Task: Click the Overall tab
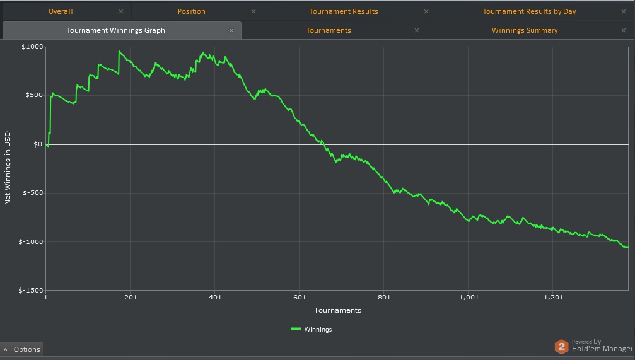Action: [x=61, y=11]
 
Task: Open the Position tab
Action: [x=191, y=11]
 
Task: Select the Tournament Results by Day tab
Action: [x=529, y=11]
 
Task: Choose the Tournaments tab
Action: [x=329, y=30]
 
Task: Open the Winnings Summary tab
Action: [x=525, y=30]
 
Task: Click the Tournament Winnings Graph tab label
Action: [x=115, y=30]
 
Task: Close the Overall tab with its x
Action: [x=121, y=11]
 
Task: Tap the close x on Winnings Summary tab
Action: [x=624, y=30]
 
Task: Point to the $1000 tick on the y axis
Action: [x=32, y=47]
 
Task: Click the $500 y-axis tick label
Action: [x=33, y=95]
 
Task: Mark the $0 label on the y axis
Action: [x=37, y=144]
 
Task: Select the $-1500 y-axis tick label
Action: [x=30, y=291]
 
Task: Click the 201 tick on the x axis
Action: [x=131, y=298]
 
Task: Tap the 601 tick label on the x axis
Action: [x=300, y=298]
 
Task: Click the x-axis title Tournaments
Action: [x=337, y=310]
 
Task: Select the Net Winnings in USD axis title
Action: [x=8, y=168]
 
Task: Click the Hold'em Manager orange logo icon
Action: [x=561, y=346]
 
